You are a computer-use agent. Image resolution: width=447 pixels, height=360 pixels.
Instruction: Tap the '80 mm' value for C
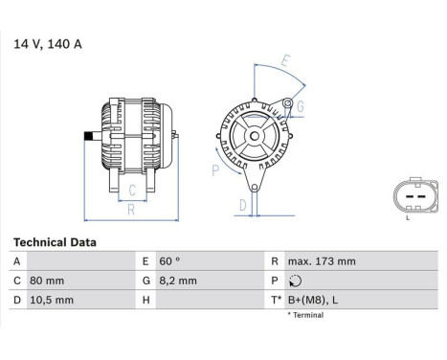click(47, 281)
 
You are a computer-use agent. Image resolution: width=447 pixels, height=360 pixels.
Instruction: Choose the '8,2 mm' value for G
click(177, 281)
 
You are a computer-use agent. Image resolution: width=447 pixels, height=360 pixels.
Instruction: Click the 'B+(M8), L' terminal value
click(313, 300)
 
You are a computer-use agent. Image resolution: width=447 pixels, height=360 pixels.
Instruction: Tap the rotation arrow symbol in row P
click(295, 281)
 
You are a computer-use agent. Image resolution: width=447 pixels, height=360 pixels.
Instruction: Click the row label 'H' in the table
click(146, 300)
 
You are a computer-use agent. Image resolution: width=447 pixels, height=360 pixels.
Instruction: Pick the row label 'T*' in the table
click(277, 300)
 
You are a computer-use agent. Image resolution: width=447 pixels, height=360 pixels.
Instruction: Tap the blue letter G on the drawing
click(300, 105)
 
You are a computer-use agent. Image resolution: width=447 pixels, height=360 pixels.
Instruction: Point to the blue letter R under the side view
click(131, 209)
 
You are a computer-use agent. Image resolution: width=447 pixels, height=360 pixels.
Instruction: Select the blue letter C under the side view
click(131, 190)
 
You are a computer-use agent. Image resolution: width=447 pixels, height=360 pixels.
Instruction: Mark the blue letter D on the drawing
click(243, 205)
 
